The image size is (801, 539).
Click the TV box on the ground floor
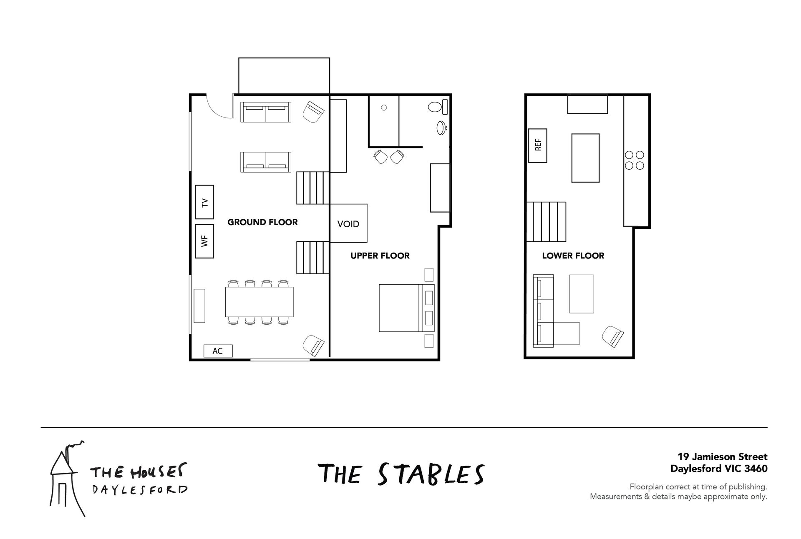coord(204,202)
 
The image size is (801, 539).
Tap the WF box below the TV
coord(204,241)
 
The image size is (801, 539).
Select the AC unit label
coord(218,351)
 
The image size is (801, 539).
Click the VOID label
coord(348,224)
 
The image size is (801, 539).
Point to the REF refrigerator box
coord(538,145)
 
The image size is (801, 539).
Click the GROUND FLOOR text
coord(262,222)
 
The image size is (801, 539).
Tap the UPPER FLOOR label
coord(380,256)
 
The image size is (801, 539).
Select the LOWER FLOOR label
coord(573,256)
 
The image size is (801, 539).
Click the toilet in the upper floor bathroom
coord(438,107)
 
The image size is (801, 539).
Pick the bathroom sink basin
coord(441,128)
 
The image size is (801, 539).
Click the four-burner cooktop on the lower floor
coord(634,160)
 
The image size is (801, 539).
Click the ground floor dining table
coord(259,302)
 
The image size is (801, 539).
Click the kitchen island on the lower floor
coord(585,158)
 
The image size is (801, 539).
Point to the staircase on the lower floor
coord(546,222)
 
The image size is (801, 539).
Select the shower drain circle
coord(384,108)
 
